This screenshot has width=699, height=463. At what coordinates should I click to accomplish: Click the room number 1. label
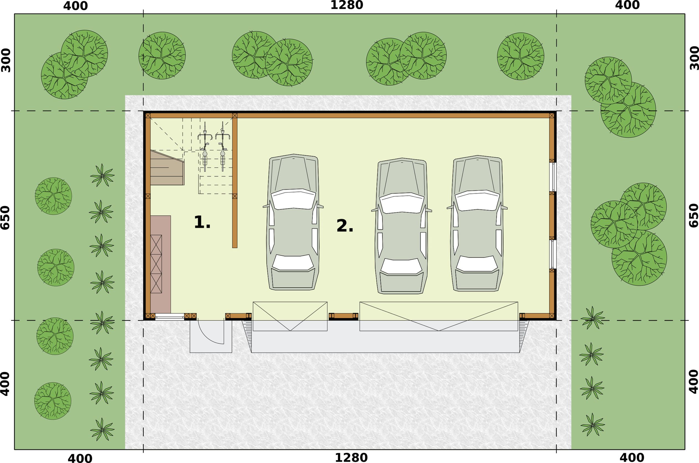click(202, 222)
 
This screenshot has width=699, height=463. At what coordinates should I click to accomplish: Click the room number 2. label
click(345, 226)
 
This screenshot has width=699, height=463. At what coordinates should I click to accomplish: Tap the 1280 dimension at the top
click(346, 5)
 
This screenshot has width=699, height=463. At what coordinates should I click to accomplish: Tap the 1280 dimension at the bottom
click(351, 458)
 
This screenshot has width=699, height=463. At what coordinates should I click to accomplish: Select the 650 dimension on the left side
click(5, 218)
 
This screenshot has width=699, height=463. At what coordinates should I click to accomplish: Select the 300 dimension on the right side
click(694, 58)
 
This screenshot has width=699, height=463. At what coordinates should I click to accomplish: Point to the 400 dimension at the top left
click(75, 6)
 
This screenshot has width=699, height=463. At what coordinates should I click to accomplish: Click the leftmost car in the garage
click(293, 222)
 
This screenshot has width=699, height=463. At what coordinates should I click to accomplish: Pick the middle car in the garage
click(402, 226)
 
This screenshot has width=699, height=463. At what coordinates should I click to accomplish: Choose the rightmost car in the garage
click(477, 223)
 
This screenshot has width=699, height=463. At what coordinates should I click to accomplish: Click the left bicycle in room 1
click(205, 147)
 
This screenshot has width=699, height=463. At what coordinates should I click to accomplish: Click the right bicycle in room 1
click(223, 147)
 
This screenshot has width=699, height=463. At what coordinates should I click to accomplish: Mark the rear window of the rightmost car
click(477, 263)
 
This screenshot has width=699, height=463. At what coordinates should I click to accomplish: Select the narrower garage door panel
click(290, 316)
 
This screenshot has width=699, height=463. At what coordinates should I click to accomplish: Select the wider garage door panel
click(439, 316)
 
